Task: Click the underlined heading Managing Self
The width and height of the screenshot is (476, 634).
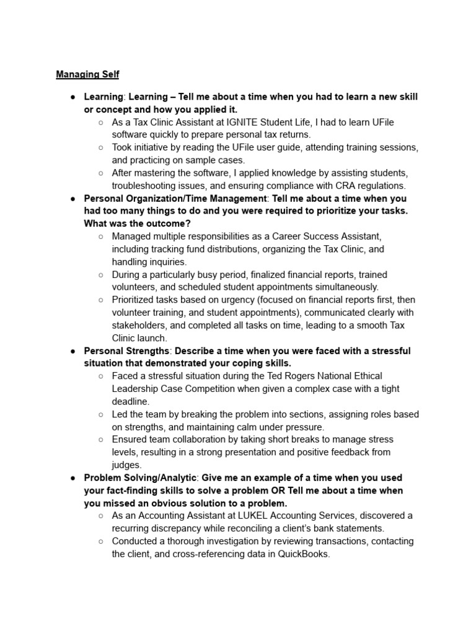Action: coord(87,75)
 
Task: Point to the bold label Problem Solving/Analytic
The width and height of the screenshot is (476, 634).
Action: coord(141,478)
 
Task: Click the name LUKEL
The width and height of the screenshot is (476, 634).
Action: coord(259,516)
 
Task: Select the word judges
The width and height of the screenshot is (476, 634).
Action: coord(127,465)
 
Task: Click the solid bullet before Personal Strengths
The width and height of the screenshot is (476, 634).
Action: coord(73,351)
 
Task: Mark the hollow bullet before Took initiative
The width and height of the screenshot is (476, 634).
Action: coord(101,147)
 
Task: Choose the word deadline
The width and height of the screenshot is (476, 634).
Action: coord(131,401)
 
